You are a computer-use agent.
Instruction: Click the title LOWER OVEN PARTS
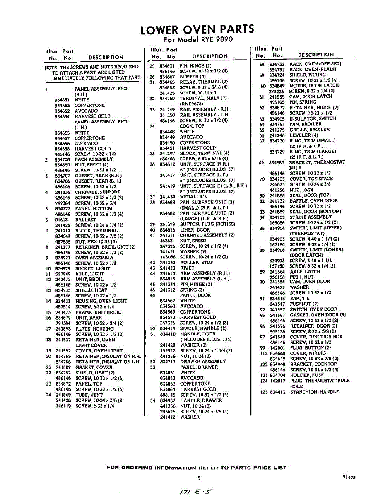pos(197,30)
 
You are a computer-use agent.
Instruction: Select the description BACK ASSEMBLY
pos(94,159)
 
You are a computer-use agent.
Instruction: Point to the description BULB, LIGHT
pos(90,274)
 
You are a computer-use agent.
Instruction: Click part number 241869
pos(63,395)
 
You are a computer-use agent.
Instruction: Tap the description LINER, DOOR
pos(195,229)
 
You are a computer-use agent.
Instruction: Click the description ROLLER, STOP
pos(196,262)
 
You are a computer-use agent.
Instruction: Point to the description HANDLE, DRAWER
pos(201,400)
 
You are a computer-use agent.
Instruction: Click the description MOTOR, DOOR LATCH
pos(314,86)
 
